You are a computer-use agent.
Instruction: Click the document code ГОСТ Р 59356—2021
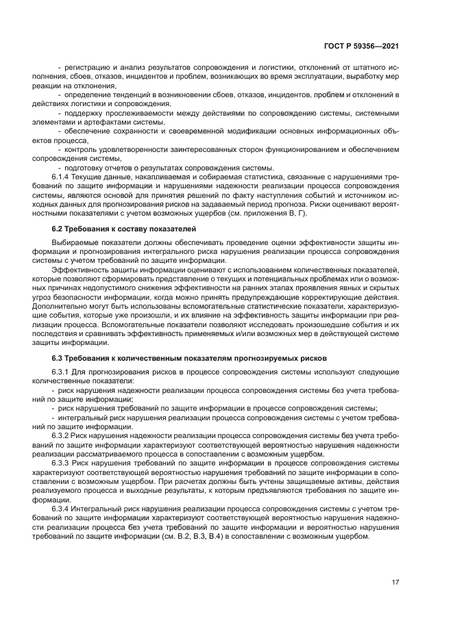point(361,47)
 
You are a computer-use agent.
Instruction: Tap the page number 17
point(395,582)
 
